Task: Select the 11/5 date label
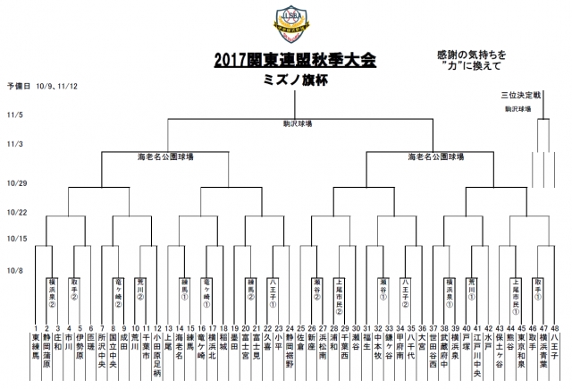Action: click(15, 115)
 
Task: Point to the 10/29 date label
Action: click(17, 182)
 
